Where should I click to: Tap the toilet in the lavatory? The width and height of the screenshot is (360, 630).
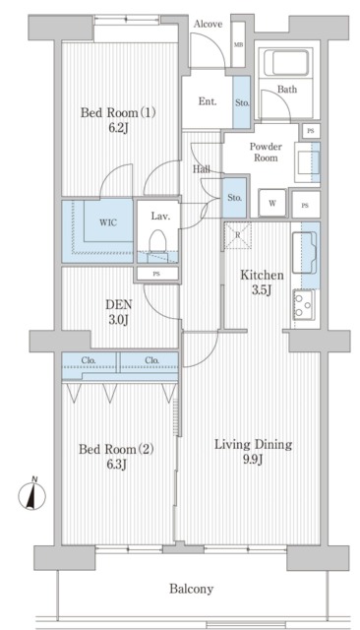[157, 240]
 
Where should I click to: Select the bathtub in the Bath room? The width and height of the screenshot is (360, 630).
[285, 62]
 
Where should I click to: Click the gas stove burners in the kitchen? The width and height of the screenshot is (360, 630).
[303, 304]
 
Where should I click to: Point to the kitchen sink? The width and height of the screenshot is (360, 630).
[304, 253]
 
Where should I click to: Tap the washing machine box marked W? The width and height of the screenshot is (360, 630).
[272, 203]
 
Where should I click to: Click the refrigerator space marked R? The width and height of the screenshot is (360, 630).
[238, 235]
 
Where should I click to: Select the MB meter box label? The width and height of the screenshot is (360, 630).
[238, 44]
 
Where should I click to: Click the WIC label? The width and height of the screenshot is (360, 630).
[108, 222]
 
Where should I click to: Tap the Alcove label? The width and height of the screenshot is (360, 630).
[208, 24]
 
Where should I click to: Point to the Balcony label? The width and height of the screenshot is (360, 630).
[191, 589]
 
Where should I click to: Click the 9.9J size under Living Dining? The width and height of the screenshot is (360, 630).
[252, 460]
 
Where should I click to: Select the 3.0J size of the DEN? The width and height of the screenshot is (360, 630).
[118, 320]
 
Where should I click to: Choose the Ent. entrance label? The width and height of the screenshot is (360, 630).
[208, 101]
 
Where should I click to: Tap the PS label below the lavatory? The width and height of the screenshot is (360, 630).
[156, 274]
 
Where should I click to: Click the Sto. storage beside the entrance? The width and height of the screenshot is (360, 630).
[242, 102]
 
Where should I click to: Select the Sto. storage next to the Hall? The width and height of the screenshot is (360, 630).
[234, 198]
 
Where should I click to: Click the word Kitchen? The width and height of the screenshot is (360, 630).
[262, 276]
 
